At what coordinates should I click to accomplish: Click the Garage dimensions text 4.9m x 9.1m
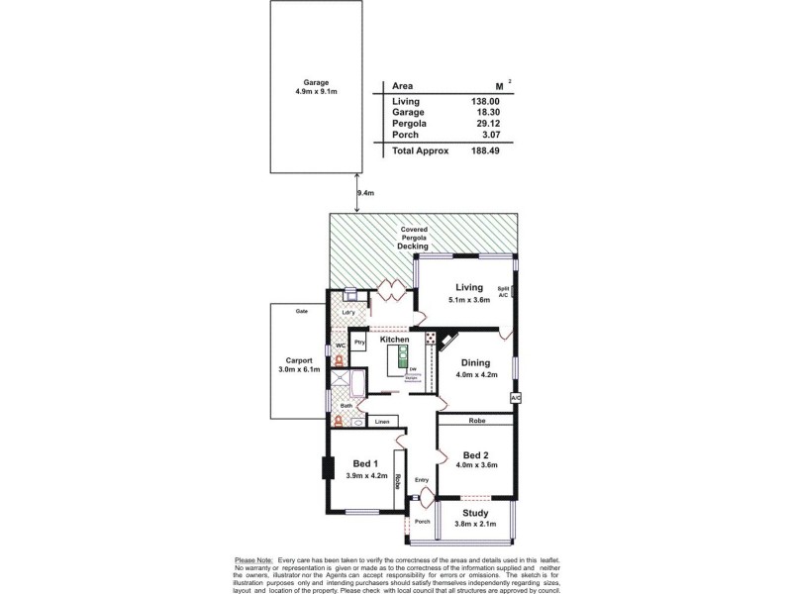(x=316, y=92)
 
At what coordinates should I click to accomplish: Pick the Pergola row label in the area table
(x=409, y=123)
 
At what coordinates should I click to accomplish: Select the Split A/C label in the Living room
(x=503, y=291)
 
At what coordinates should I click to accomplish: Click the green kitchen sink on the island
(x=404, y=353)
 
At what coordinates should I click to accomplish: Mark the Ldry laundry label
(x=347, y=313)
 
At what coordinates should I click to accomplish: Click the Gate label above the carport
(x=301, y=311)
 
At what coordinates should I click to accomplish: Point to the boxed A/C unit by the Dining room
(x=515, y=398)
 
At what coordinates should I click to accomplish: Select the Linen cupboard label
(x=381, y=422)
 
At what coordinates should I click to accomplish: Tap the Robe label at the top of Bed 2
(x=476, y=420)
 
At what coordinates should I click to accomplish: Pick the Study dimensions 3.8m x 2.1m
(x=475, y=524)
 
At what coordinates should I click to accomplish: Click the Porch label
(x=422, y=522)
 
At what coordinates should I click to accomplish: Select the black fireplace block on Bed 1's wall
(x=325, y=468)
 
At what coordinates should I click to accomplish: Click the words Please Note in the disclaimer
(x=253, y=560)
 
